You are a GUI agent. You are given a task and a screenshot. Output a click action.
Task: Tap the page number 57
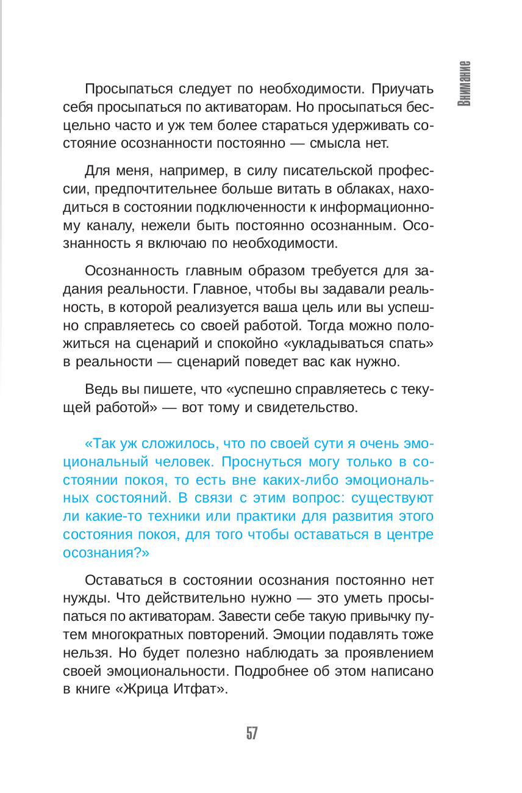252,733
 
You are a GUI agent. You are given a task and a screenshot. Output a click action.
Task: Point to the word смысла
346,144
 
